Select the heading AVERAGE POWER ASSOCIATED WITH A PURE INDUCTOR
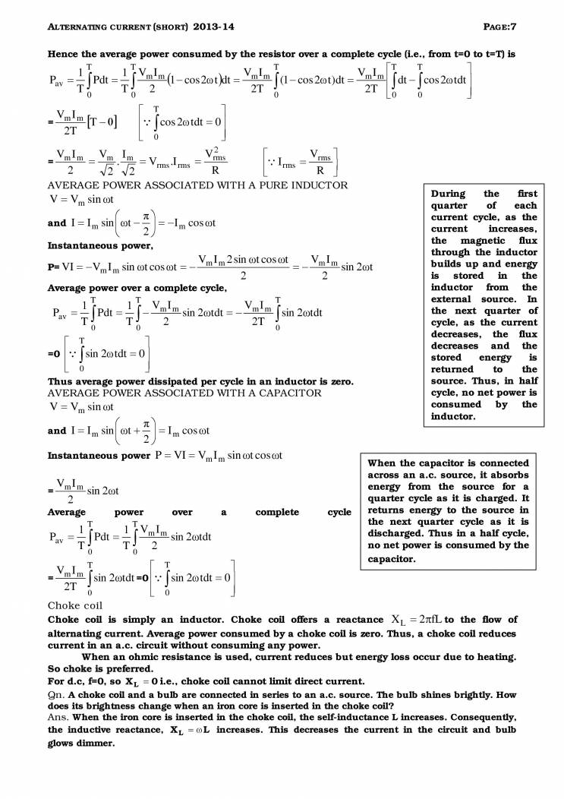197,185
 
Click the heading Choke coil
74,605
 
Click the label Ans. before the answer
59,717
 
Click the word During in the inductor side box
449,194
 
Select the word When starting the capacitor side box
383,463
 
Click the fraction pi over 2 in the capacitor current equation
149,431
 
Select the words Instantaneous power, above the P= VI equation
90,246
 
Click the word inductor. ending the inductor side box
453,416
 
